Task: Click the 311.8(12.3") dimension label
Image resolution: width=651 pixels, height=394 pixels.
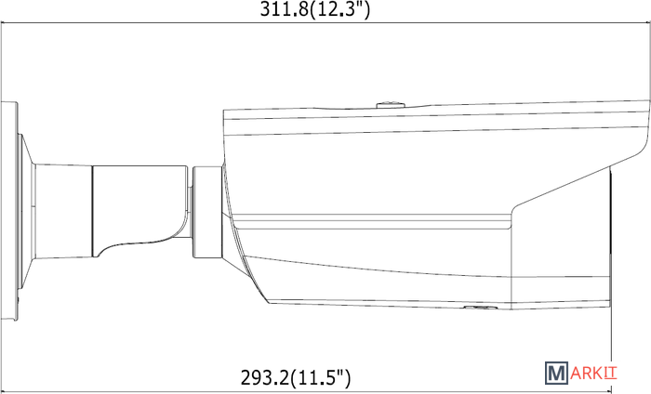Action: pos(314,9)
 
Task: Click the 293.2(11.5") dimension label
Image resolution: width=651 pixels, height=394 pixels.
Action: pos(296,377)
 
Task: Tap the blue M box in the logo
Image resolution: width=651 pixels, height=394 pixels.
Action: pos(556,373)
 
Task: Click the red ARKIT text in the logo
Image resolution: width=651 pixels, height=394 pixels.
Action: pos(593,373)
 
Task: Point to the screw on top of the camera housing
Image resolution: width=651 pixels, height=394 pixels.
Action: pos(391,104)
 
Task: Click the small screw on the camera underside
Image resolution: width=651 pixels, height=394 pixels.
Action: pos(481,308)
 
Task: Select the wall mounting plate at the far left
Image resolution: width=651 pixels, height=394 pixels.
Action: pos(8,211)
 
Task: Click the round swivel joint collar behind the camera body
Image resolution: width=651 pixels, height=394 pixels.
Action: pos(207,212)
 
